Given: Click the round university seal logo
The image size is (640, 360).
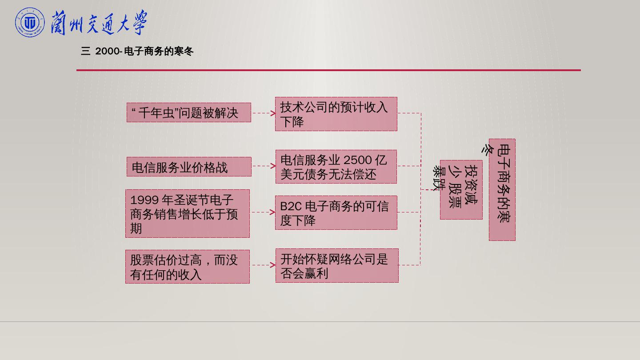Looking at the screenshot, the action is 30,23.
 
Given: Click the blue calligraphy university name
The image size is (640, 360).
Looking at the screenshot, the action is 99,23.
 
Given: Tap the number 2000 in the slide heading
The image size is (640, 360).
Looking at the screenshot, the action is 107,52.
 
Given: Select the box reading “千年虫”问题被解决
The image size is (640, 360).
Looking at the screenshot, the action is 189,112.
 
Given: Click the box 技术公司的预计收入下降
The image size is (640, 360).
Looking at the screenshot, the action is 336,114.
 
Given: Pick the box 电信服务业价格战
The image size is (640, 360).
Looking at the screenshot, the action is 189,167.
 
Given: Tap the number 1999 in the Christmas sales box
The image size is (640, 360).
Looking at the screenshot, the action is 144,200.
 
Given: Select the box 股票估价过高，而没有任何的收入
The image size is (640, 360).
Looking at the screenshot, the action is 188,267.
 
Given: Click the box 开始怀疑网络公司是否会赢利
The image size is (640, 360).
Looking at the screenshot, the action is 337,266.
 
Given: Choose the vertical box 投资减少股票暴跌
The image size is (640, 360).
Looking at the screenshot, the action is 461,190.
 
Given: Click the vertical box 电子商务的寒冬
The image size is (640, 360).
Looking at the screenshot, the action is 502,190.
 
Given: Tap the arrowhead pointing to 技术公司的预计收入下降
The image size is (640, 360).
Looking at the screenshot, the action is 273,113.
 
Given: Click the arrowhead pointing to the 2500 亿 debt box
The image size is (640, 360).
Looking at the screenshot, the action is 273,166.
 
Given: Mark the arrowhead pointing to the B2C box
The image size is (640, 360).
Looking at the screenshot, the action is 273,212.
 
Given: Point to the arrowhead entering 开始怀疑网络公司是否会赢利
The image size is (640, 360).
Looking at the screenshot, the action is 273,265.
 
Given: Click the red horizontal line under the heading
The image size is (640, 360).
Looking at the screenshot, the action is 328,70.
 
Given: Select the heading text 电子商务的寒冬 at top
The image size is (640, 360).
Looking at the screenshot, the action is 159,52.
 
